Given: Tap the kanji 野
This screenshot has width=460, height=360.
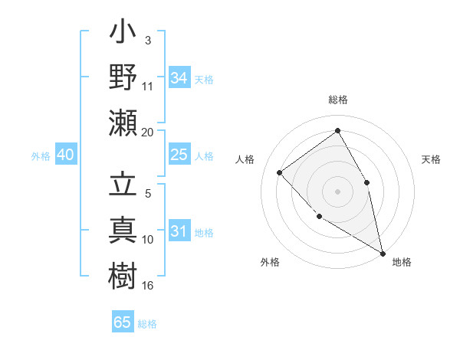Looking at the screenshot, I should click(123, 77).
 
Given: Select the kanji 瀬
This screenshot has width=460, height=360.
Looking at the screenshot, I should click(123, 123).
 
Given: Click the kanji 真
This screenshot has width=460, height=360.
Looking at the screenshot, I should click(123, 231).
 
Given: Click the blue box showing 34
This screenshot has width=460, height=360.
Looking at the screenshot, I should click(179, 78).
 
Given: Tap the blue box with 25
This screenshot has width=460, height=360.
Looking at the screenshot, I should click(179, 155).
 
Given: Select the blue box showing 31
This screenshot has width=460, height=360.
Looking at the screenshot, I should click(179, 231).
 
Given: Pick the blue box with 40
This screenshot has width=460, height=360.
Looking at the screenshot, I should click(65, 155).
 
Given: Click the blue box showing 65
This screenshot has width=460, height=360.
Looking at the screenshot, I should click(123, 322).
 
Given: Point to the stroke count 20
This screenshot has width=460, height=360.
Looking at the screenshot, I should click(147, 133).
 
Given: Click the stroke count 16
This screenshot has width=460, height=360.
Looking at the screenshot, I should click(148, 285).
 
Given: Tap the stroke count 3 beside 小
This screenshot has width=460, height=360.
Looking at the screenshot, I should click(147, 40).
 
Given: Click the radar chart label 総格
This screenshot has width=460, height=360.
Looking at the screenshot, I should click(337, 100).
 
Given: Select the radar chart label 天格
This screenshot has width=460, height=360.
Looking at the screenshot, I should click(431, 159).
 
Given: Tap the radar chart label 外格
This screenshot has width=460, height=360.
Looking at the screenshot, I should click(270, 262).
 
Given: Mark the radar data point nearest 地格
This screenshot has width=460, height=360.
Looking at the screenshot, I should click(383, 254).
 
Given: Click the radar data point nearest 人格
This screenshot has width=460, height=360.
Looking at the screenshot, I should click(280, 172).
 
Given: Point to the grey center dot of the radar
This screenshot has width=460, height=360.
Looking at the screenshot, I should click(337, 191).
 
